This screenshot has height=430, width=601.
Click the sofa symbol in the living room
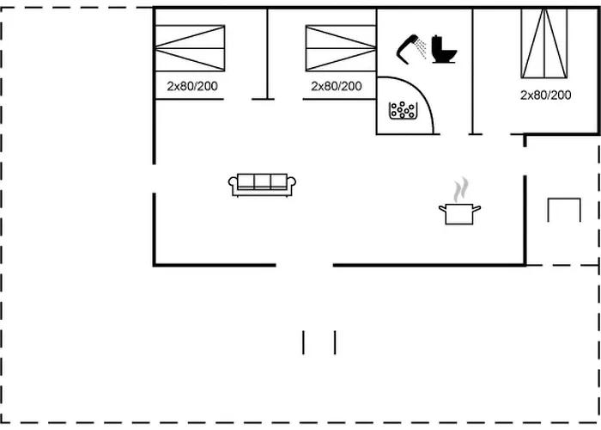click(x=262, y=184)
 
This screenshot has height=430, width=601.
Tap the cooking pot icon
click(x=459, y=213)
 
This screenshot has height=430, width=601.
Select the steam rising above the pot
click(x=461, y=188)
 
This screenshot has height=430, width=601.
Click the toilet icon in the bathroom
click(x=444, y=49)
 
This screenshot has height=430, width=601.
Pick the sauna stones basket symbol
click(x=403, y=110)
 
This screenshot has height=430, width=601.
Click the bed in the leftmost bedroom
click(x=190, y=48)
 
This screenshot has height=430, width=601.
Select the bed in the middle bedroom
click(x=341, y=48)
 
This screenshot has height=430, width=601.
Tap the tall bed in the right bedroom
click(x=544, y=44)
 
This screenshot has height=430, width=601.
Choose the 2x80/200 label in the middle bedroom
click(x=337, y=86)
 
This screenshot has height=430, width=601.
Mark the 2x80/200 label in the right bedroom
click(x=545, y=95)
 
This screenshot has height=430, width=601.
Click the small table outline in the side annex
click(x=564, y=209)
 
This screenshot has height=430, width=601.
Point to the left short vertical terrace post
click(x=303, y=342)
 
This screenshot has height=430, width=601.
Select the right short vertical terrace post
click(x=335, y=342)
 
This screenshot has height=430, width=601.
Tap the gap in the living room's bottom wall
click(x=304, y=265)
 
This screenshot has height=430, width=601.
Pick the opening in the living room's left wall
click(x=155, y=178)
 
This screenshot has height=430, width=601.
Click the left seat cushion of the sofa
click(x=245, y=181)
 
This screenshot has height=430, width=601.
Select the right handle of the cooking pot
click(x=477, y=207)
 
